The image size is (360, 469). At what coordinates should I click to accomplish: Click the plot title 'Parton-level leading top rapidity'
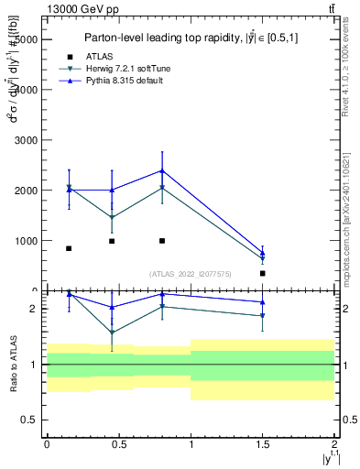(190, 38)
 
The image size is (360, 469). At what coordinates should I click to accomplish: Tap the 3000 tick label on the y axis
(25, 141)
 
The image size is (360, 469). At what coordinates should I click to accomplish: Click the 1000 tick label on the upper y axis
(25, 241)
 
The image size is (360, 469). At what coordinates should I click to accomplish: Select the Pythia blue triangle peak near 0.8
(162, 170)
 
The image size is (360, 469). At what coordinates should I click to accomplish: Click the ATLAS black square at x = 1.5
(263, 273)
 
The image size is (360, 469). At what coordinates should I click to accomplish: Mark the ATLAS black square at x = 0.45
(112, 241)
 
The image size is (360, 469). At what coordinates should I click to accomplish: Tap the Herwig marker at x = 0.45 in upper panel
(112, 218)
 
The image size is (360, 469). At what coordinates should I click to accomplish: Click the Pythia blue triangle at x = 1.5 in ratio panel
(263, 301)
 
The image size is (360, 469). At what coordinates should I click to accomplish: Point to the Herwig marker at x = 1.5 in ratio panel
(263, 316)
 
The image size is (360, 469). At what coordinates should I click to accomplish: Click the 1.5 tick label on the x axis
(263, 443)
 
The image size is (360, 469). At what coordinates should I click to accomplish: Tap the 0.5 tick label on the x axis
(118, 443)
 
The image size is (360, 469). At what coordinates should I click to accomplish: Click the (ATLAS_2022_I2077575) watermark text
(190, 273)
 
